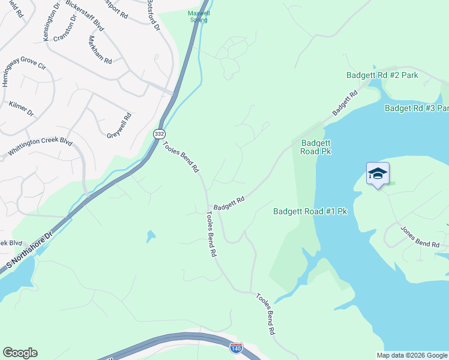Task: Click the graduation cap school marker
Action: tap(378, 175)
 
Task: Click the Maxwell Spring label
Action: tap(197, 16)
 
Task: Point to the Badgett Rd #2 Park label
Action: tap(382, 76)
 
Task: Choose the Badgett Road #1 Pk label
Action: tap(310, 211)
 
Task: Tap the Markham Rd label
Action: tap(100, 50)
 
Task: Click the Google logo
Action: tap(20, 353)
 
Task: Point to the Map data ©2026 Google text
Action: tap(411, 355)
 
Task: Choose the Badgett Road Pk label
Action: tap(316, 147)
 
